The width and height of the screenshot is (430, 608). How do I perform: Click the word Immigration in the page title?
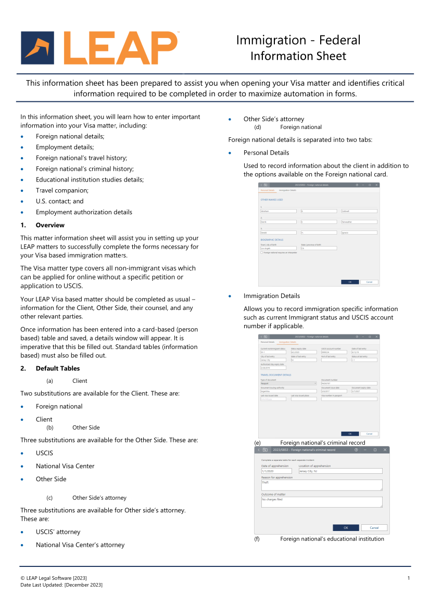(271, 40)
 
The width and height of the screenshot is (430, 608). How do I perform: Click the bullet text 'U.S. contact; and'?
(59, 201)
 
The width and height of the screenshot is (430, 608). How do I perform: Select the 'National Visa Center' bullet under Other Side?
(65, 466)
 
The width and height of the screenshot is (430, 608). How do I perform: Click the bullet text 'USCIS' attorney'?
(58, 532)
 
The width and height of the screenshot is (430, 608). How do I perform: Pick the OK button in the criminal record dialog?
(346, 527)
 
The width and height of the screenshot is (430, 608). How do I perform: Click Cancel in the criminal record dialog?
(374, 527)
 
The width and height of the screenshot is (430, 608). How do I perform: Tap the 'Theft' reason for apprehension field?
(321, 485)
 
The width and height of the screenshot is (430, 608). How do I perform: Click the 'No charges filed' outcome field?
(321, 502)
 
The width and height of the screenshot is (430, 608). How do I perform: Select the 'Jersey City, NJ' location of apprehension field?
(340, 471)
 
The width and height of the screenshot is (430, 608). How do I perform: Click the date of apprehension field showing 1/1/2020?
(276, 471)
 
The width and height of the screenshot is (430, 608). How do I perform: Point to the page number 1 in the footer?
(409, 578)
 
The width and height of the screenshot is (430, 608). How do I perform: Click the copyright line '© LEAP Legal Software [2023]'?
(54, 578)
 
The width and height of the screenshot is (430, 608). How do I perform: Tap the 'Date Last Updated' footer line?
(61, 585)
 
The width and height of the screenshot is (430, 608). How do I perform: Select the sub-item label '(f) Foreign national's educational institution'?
(332, 539)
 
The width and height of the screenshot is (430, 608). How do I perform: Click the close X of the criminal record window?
(385, 449)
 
